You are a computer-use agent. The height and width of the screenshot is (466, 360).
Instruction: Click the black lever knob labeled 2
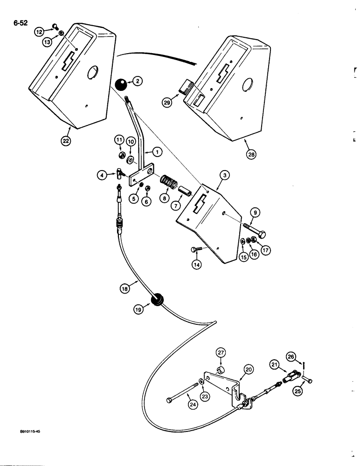[x=121, y=86]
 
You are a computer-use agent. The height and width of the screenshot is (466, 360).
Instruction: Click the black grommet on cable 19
[x=156, y=299]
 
